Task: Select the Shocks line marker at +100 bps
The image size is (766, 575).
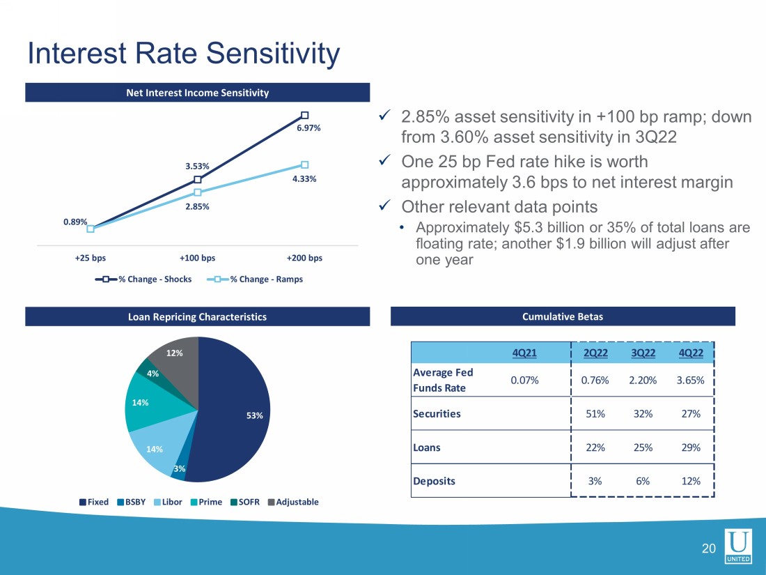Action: pyautogui.click(x=198, y=179)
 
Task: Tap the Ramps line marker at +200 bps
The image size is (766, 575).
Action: pyautogui.click(x=304, y=164)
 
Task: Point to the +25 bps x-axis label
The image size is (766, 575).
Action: pyautogui.click(x=91, y=258)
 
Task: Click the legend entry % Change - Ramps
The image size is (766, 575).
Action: pyautogui.click(x=258, y=279)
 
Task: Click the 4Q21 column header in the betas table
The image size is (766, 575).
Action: pyautogui.click(x=524, y=353)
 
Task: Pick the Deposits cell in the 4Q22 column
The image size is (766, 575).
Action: pyautogui.click(x=691, y=481)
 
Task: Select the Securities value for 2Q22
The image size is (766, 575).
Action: pyautogui.click(x=595, y=414)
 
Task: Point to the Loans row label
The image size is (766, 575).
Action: pyautogui.click(x=427, y=447)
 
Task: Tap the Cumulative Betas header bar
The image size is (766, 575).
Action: pyautogui.click(x=563, y=316)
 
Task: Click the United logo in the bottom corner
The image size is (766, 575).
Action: pyautogui.click(x=737, y=546)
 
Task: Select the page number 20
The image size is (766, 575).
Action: pyautogui.click(x=708, y=549)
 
